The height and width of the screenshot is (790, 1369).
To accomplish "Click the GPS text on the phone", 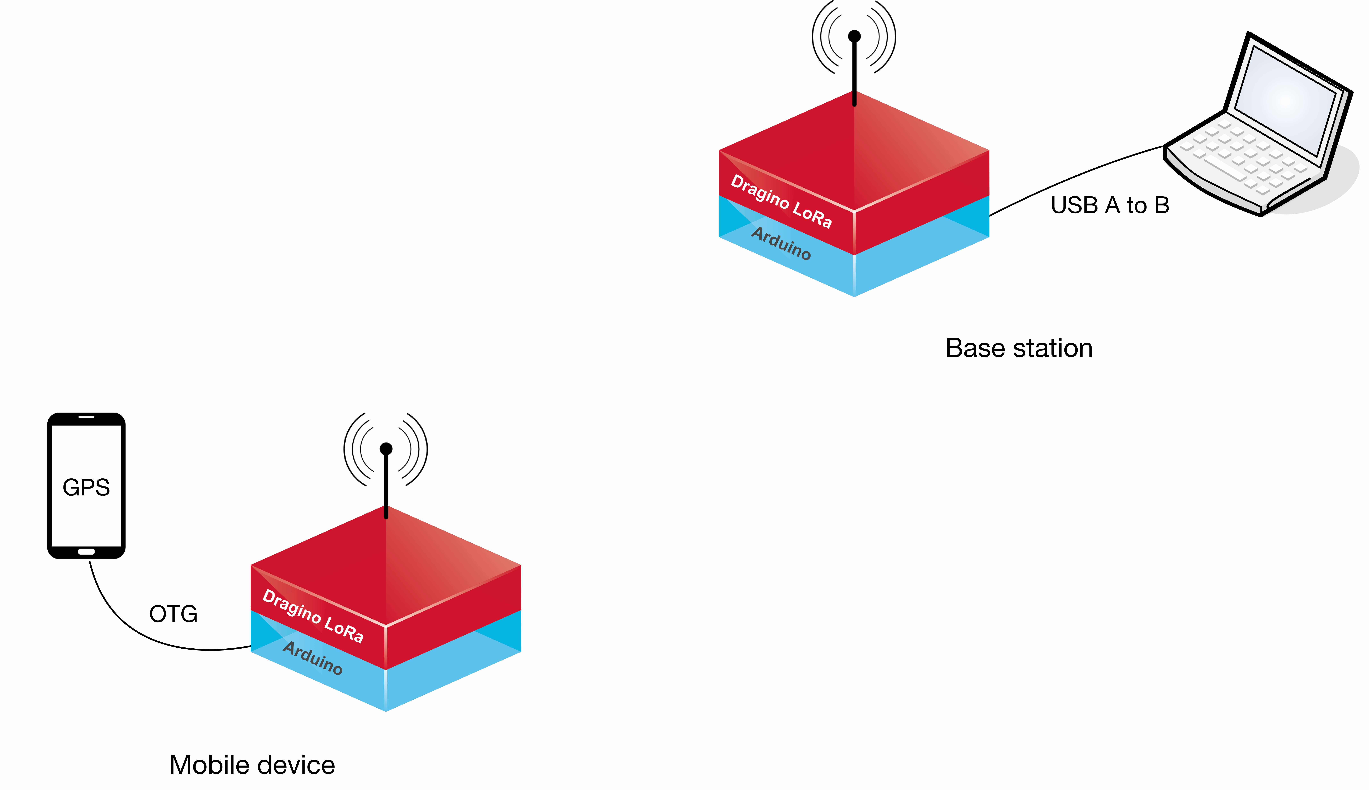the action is coord(86,487).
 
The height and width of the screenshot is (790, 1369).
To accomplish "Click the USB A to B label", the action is coord(1110,205).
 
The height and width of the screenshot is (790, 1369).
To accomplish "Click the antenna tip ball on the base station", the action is coord(854,36).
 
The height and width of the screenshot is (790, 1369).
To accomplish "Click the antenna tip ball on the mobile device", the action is coord(386,449).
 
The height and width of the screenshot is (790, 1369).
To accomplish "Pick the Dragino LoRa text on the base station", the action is coord(781,201).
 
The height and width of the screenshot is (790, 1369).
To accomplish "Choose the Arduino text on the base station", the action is coord(781,243).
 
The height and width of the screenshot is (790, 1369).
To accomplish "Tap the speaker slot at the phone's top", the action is coord(86,417).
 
